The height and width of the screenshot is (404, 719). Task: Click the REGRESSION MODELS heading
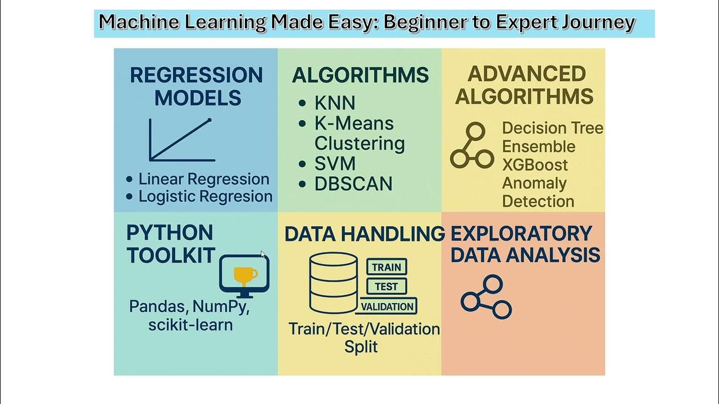pyautogui.click(x=197, y=86)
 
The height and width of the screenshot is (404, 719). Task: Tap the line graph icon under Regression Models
pyautogui.click(x=181, y=140)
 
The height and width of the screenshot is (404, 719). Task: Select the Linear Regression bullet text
pyautogui.click(x=203, y=179)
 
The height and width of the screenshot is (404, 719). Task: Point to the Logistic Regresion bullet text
pyautogui.click(x=205, y=196)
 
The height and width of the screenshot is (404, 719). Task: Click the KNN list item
pyautogui.click(x=335, y=103)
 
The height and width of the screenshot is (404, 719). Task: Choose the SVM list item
pyautogui.click(x=335, y=164)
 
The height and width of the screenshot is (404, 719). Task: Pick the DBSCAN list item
pyautogui.click(x=353, y=184)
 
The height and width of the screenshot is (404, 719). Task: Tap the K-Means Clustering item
pyautogui.click(x=359, y=134)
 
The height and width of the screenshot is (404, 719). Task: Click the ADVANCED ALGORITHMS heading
pyautogui.click(x=524, y=85)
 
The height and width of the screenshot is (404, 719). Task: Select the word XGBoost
pyautogui.click(x=535, y=165)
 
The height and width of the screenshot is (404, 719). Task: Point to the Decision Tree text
pyautogui.click(x=552, y=128)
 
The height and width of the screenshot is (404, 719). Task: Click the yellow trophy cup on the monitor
pyautogui.click(x=245, y=274)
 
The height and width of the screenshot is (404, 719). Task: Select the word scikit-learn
pyautogui.click(x=190, y=324)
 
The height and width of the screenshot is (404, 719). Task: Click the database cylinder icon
pyautogui.click(x=334, y=283)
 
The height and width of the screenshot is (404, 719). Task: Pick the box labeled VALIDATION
pyautogui.click(x=388, y=306)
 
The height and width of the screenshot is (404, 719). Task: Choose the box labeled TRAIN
pyautogui.click(x=386, y=267)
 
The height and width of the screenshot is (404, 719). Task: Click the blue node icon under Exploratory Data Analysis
pyautogui.click(x=486, y=297)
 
